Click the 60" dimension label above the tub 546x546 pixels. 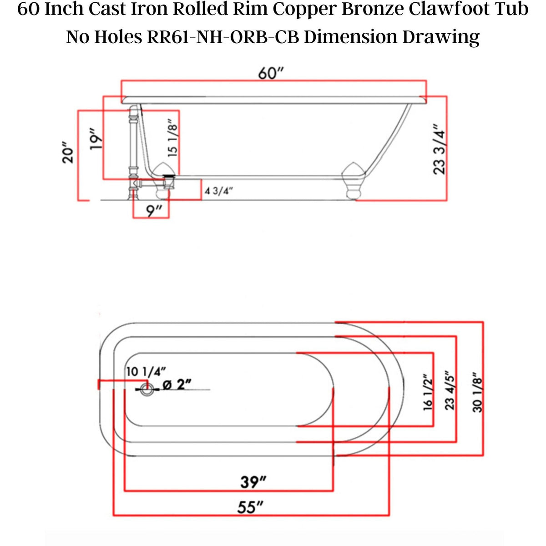[x=271, y=73]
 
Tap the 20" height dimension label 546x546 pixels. [x=68, y=155]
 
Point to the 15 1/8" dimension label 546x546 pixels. [x=172, y=138]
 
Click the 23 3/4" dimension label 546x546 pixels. [x=440, y=149]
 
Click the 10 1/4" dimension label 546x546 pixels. [x=143, y=372]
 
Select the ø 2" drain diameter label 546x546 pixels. [x=176, y=385]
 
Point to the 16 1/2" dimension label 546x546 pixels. [x=428, y=393]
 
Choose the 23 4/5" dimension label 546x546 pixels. [x=450, y=390]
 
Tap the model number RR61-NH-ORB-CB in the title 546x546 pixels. [x=223, y=37]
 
